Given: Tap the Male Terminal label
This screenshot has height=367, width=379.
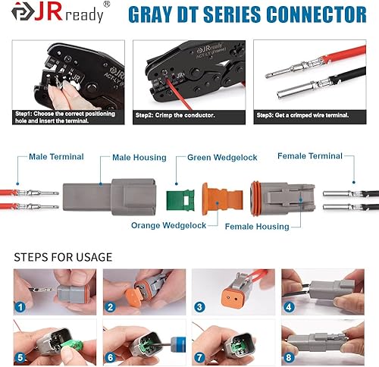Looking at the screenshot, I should (x=56, y=157).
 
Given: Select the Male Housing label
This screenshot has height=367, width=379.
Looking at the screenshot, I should (x=139, y=157).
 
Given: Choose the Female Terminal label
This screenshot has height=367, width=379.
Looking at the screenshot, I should (x=309, y=156).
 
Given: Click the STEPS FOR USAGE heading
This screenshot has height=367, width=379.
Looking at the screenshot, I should (x=63, y=257).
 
